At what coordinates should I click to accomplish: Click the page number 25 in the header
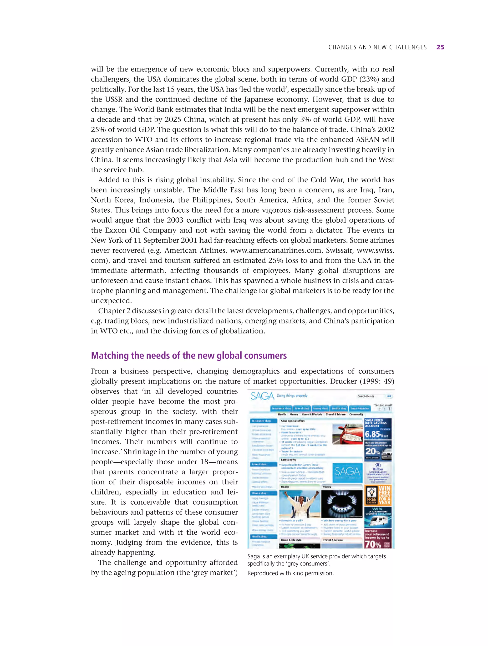pyautogui.click(x=440, y=47)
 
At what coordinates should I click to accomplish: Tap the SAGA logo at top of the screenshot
pyautogui.click(x=262, y=396)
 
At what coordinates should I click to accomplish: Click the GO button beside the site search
pyautogui.click(x=389, y=396)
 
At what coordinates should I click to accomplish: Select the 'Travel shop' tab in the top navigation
pyautogui.click(x=302, y=408)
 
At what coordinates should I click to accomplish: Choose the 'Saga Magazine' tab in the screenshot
pyautogui.click(x=360, y=408)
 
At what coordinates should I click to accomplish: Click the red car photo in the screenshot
pyautogui.click(x=347, y=434)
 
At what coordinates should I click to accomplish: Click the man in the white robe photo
pyautogui.click(x=300, y=504)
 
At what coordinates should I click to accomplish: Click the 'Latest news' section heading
pyautogui.click(x=288, y=460)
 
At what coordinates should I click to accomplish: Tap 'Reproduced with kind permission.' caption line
pyautogui.click(x=290, y=573)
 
